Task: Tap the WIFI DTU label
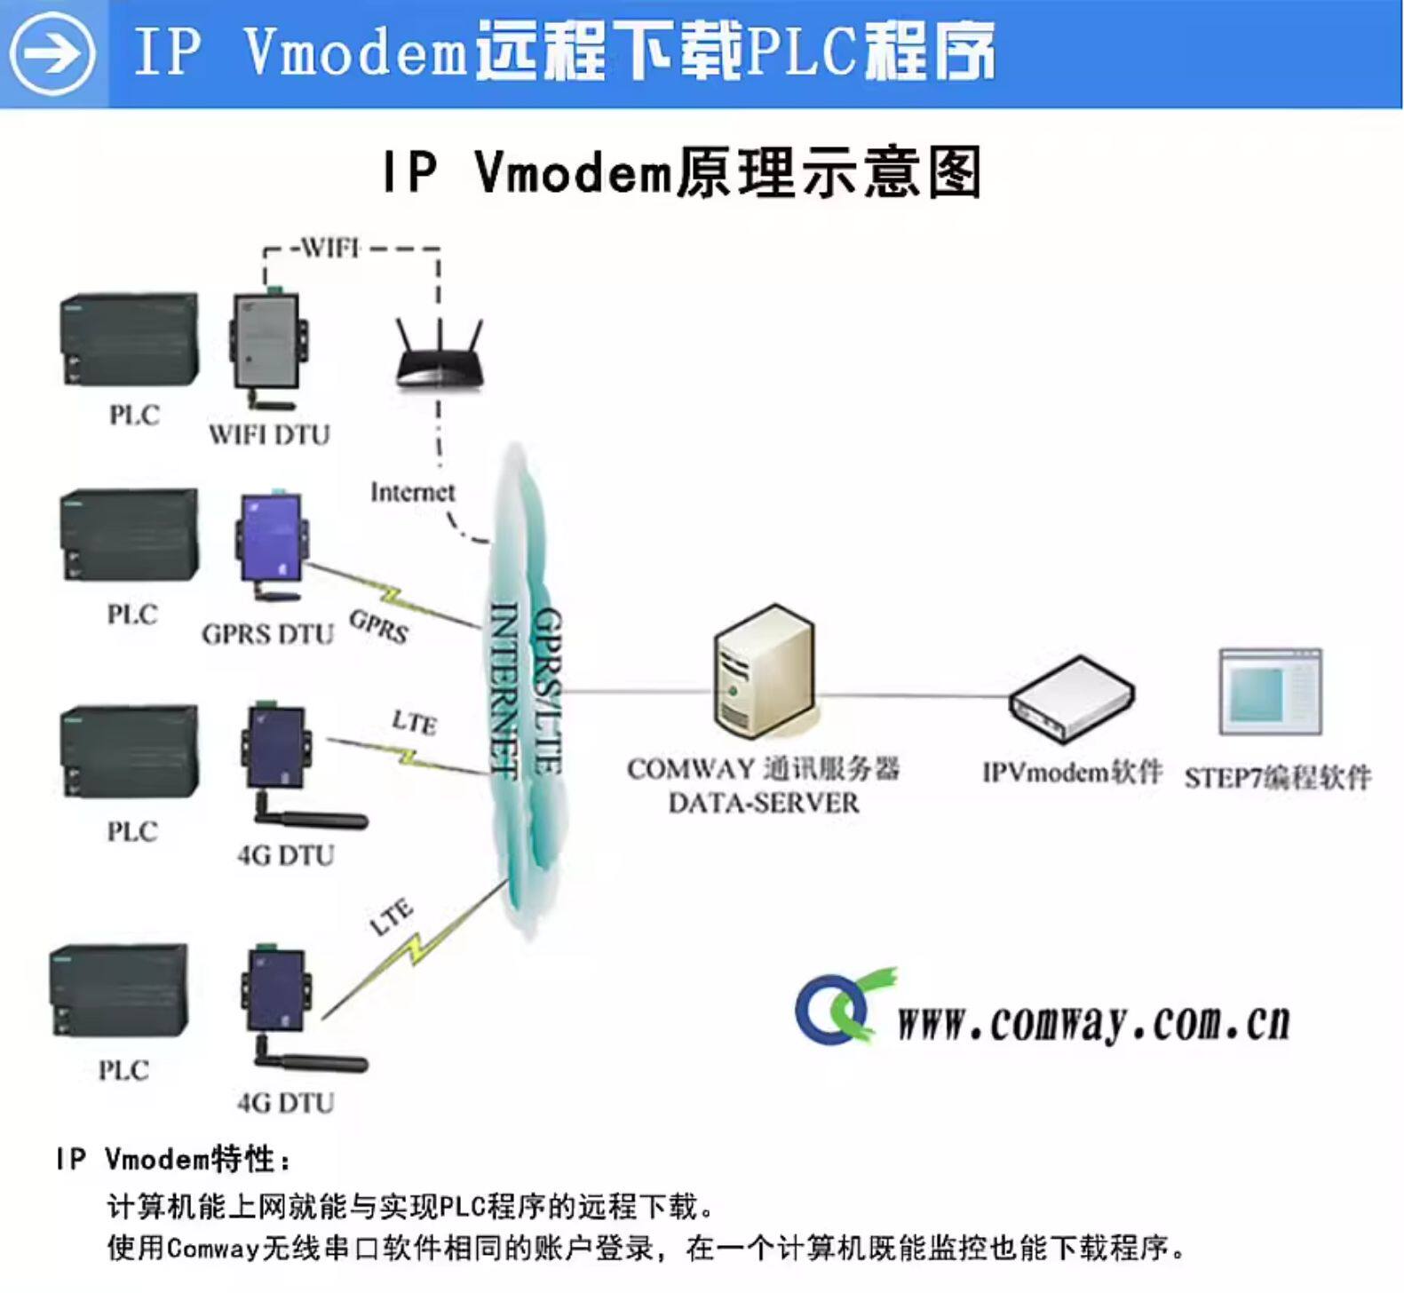point(269,435)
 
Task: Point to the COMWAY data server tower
point(764,671)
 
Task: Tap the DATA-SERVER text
point(764,804)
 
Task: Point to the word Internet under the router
point(412,492)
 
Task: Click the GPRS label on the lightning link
point(379,626)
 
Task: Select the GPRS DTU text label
point(268,634)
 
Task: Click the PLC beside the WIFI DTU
point(130,341)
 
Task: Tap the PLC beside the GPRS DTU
point(130,535)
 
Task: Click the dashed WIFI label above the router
point(329,248)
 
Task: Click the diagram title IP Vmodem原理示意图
point(682,172)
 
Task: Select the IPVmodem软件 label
point(1072,773)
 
